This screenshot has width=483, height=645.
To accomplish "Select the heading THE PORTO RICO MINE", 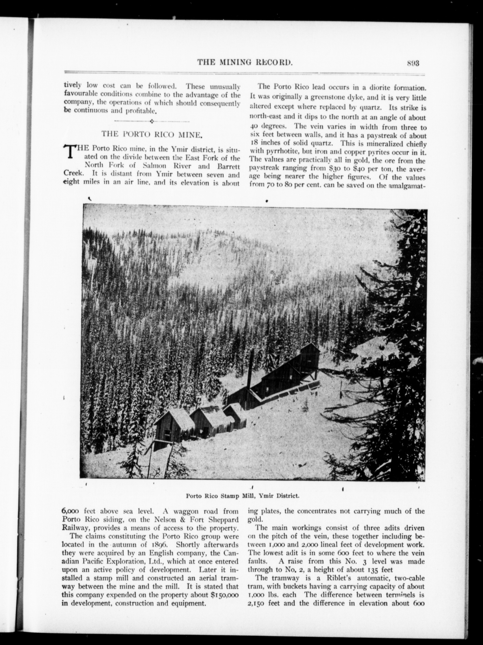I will (152, 134).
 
